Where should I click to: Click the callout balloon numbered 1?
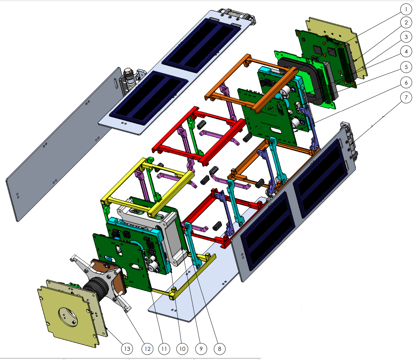click(x=406, y=9)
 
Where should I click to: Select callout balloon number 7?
click(x=406, y=97)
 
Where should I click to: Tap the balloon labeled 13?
click(x=127, y=349)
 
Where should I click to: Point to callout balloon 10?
click(x=182, y=349)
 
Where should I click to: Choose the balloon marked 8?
click(x=219, y=349)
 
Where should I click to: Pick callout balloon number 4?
click(x=406, y=52)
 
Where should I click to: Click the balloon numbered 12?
click(x=147, y=349)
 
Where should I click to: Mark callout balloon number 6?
click(x=406, y=82)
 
